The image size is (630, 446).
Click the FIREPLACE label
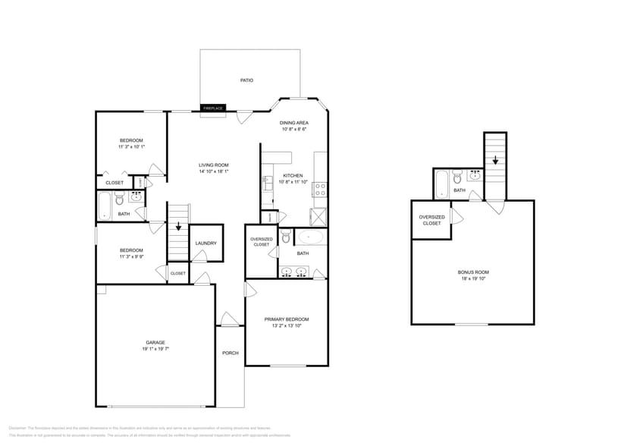click(213, 108)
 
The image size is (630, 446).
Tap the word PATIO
click(246, 80)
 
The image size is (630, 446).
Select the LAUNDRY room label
click(205, 243)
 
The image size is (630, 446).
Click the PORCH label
click(230, 353)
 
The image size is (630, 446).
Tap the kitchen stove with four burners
click(320, 187)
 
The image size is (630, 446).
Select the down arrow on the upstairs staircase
click(495, 160)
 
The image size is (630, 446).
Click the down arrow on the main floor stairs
click(178, 226)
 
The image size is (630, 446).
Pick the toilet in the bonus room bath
click(456, 177)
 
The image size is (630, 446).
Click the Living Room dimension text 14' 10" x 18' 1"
click(214, 171)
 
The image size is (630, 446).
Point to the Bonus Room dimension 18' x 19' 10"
click(473, 278)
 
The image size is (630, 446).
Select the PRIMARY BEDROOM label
click(287, 319)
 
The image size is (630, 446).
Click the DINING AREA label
click(293, 123)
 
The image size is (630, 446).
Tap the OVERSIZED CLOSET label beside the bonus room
click(431, 220)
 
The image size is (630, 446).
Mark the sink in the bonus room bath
click(475, 175)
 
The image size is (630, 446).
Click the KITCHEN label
click(293, 175)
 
